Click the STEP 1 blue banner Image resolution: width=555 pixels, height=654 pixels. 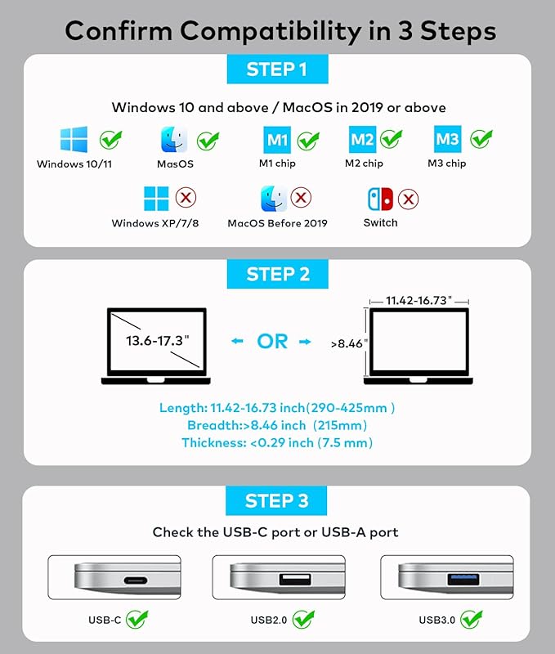pyautogui.click(x=278, y=69)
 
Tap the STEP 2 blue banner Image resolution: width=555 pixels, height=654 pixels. pyautogui.click(x=278, y=275)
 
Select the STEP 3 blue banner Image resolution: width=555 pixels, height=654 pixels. pyautogui.click(x=278, y=500)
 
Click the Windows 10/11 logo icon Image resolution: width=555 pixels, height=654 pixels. pyautogui.click(x=73, y=140)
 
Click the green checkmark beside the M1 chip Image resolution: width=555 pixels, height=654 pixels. pyautogui.click(x=308, y=140)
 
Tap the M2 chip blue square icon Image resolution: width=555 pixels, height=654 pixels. pyautogui.click(x=362, y=140)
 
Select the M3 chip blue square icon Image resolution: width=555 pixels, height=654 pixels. pyautogui.click(x=446, y=140)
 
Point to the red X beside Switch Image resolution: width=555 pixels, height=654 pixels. pyautogui.click(x=408, y=199)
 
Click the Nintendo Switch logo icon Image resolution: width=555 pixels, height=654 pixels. pyautogui.click(x=380, y=199)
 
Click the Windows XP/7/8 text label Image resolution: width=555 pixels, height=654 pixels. pyautogui.click(x=156, y=223)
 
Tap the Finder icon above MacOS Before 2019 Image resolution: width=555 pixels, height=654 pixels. pyautogui.click(x=274, y=199)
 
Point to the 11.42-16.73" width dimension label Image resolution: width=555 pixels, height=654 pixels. pyautogui.click(x=418, y=300)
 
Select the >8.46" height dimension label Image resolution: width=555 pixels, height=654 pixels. pyautogui.click(x=347, y=344)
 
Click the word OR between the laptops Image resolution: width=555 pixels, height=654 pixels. pyautogui.click(x=272, y=341)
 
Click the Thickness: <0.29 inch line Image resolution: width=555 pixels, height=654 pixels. pyautogui.click(x=277, y=442)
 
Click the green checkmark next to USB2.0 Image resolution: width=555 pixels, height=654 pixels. pyautogui.click(x=304, y=619)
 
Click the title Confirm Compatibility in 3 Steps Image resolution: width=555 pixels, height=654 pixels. pyautogui.click(x=278, y=30)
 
